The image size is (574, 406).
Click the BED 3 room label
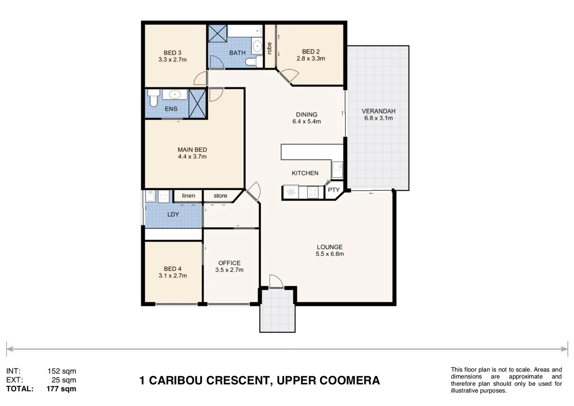(172, 53)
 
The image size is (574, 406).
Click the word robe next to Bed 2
(269, 48)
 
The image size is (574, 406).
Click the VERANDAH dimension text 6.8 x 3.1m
(378, 118)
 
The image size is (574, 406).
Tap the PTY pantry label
(333, 190)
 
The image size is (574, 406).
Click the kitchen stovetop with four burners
(313, 192)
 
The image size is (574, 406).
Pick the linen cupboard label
(188, 195)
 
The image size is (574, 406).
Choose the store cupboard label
(220, 195)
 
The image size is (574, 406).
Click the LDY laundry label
(173, 214)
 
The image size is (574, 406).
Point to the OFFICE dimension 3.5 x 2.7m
(229, 270)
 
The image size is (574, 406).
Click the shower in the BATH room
(218, 33)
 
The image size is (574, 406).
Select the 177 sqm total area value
(61, 389)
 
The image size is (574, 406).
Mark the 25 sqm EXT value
(64, 380)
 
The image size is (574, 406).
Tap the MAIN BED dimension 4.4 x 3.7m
(192, 156)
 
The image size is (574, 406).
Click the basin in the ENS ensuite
(174, 94)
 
